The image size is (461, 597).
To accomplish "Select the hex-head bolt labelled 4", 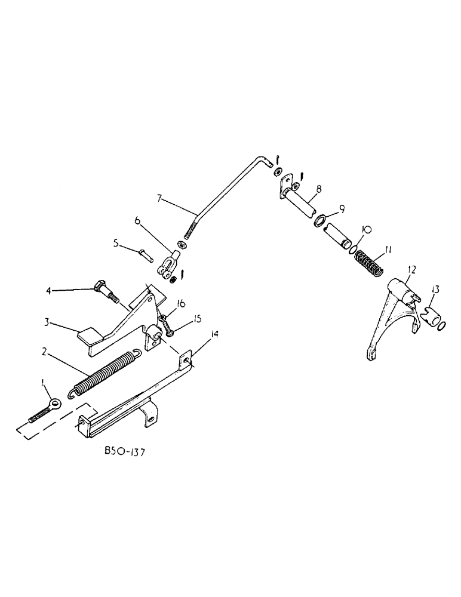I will [x=106, y=293].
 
